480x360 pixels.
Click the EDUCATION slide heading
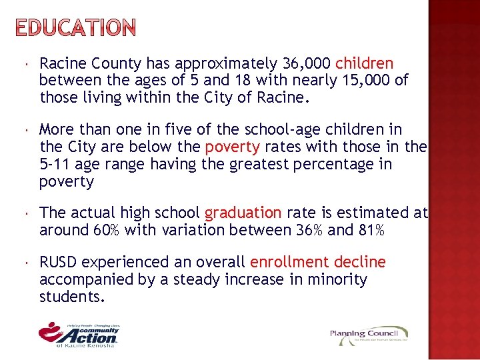point(75,28)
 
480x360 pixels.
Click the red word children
point(364,64)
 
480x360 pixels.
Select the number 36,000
point(307,64)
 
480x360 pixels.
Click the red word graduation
point(243,213)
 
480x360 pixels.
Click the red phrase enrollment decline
point(317,263)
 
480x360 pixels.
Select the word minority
point(337,279)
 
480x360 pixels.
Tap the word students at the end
point(71,296)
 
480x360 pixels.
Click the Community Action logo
point(79,334)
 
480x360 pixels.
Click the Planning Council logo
point(369,335)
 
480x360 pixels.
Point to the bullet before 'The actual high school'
point(23,213)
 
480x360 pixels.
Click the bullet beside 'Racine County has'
point(23,64)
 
